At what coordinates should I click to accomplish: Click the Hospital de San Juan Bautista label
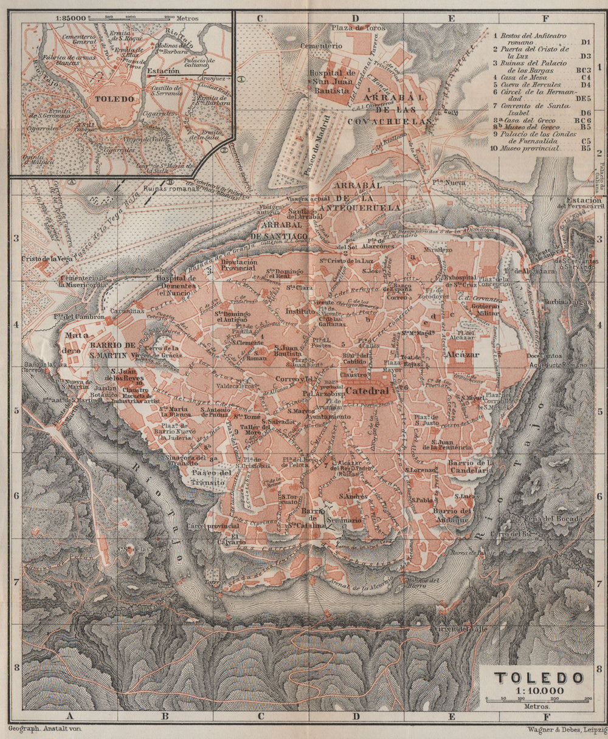(x=331, y=81)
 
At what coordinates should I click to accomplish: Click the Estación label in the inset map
(x=163, y=71)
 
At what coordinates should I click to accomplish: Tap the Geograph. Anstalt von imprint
(x=46, y=727)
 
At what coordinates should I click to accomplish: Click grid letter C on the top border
(x=260, y=18)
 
